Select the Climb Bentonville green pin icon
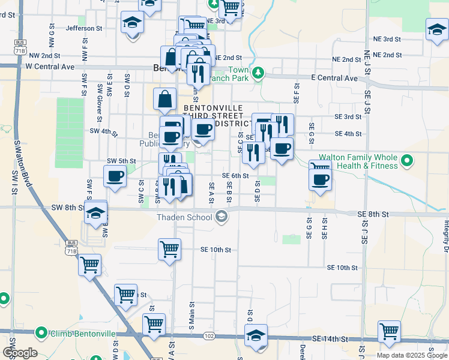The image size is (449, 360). [41, 332]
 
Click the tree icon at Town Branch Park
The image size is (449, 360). [258, 73]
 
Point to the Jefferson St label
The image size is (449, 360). [84, 28]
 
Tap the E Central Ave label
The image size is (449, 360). [334, 79]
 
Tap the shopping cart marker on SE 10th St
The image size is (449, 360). [169, 248]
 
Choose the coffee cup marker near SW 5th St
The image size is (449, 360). [115, 176]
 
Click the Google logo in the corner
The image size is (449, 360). [19, 353]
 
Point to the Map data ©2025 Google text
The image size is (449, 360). [411, 355]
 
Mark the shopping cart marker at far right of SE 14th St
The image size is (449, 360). [389, 331]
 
